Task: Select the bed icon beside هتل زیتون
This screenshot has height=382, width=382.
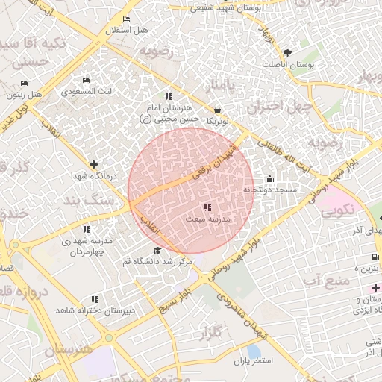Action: point(24,83)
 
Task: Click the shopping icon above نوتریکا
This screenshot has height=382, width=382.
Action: point(217,109)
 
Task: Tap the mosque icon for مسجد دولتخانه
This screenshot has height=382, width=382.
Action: point(269,179)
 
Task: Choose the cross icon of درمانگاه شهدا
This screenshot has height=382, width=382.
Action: point(93,164)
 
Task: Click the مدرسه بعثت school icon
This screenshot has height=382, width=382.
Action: point(207,207)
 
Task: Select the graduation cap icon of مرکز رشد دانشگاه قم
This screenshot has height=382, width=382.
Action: point(157,250)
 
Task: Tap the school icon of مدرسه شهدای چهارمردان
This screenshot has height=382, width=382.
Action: point(87,230)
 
